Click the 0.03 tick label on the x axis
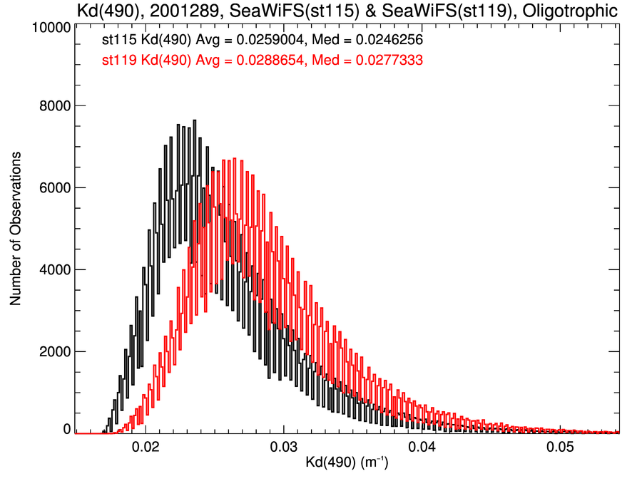(284, 449)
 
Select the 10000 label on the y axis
(51, 28)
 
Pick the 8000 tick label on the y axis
(53, 106)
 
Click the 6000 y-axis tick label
(53, 188)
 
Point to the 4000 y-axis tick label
(53, 270)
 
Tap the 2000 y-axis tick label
(53, 352)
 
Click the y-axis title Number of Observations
(16, 228)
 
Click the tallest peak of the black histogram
(195, 120)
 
